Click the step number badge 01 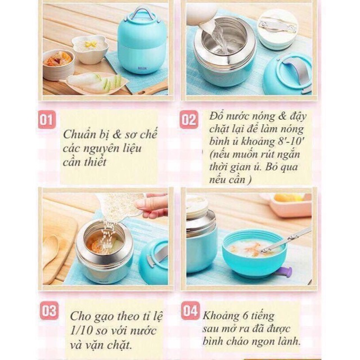click(x=47, y=119)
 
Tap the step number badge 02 click(x=188, y=119)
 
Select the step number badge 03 click(x=49, y=311)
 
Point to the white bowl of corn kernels click(x=90, y=48)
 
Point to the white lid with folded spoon click(x=278, y=28)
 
